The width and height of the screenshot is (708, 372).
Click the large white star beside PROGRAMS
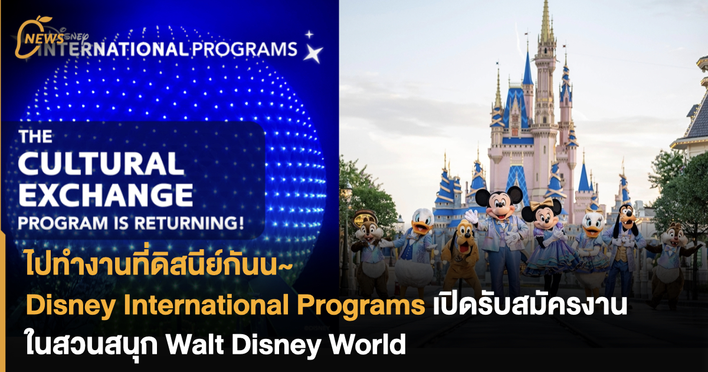tap(314, 54)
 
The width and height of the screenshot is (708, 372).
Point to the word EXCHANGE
tap(106, 195)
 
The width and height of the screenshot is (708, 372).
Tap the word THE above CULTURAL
tap(36, 136)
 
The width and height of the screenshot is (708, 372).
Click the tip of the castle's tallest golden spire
tap(546, 5)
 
